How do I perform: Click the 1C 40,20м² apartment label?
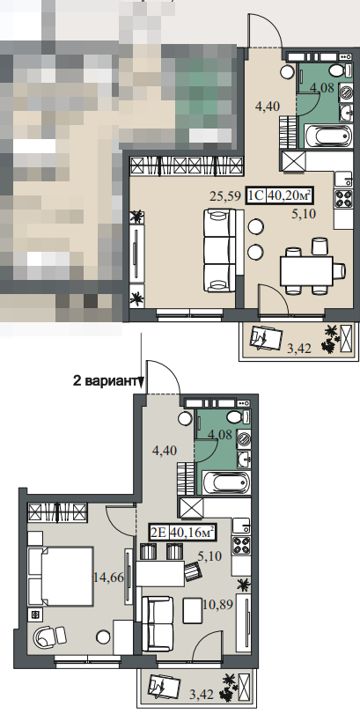pos(278,195)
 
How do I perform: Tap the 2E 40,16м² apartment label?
pos(182,533)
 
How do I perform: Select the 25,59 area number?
pos(225,197)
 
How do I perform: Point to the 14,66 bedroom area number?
pos(108,578)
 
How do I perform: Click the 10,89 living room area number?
pos(218,603)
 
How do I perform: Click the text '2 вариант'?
pos(107,380)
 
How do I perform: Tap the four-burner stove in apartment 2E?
pos(241,547)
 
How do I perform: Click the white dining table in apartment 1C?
pos(306,271)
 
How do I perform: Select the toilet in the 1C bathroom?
pos(340,70)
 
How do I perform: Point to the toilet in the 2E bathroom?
pos(239,417)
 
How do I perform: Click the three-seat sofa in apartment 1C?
pos(220,250)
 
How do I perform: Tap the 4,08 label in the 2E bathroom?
pos(219,434)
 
